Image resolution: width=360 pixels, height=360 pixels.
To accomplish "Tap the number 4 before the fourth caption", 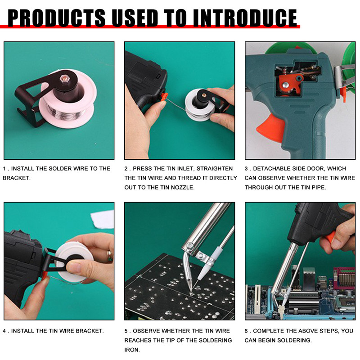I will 4,331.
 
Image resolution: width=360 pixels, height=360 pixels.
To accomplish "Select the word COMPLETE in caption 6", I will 271,331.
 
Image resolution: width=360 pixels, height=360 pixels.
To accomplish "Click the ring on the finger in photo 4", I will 109,256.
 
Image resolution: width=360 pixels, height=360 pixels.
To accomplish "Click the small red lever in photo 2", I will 165,96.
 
